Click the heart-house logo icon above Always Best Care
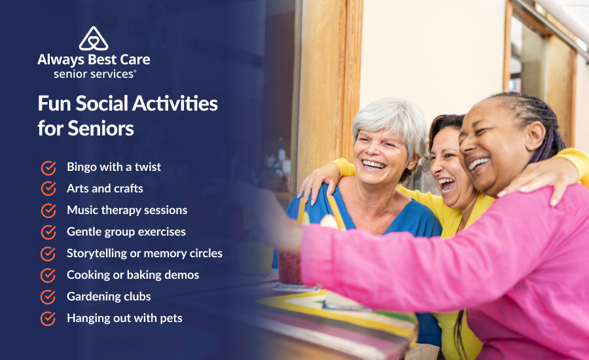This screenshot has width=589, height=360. [x=94, y=39]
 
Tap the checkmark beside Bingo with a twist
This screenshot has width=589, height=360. [x=48, y=168]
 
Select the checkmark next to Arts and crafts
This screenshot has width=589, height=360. [x=48, y=189]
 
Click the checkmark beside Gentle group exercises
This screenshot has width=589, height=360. [x=48, y=232]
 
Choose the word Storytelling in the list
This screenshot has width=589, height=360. [x=98, y=253]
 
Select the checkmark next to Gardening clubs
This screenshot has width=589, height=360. [x=48, y=297]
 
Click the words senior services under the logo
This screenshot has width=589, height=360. [x=94, y=74]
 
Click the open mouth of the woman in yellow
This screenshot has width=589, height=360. [x=448, y=185]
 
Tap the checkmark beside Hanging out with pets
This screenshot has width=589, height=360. [x=48, y=318]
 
